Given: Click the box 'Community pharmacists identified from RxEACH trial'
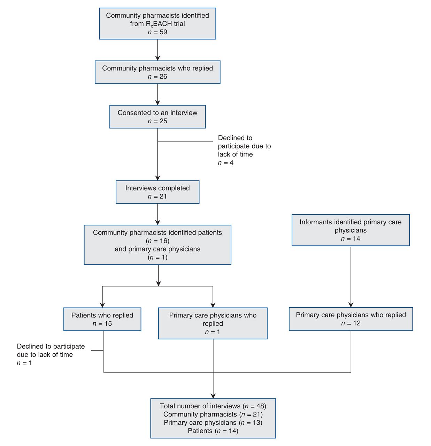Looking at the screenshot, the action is [x=157, y=24].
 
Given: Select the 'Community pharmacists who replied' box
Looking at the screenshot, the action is [x=157, y=72].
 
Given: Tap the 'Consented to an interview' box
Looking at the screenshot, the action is [x=157, y=117].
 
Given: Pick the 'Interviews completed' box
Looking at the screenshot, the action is [x=157, y=192].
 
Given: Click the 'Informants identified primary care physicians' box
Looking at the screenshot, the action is [x=351, y=230].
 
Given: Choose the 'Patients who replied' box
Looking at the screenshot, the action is [x=102, y=319].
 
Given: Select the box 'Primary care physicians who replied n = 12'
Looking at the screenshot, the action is [x=351, y=319].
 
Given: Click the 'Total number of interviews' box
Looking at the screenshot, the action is [x=213, y=418].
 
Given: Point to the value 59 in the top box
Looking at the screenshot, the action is [x=163, y=32].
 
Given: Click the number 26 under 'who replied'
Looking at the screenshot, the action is [x=163, y=77].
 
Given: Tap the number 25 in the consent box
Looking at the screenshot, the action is [x=163, y=121].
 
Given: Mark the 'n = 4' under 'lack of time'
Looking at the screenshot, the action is [x=226, y=163].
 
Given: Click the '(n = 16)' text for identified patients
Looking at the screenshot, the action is [x=157, y=241].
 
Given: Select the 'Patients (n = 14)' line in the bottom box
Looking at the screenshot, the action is [x=213, y=431].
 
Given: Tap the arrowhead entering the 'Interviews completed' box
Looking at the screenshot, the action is [x=157, y=178].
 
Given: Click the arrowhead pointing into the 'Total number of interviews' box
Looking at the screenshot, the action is [x=213, y=396].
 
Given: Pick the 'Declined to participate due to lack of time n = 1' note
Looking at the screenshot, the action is [x=51, y=355].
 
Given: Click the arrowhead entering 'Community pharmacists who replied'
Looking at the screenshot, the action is [x=157, y=58].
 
